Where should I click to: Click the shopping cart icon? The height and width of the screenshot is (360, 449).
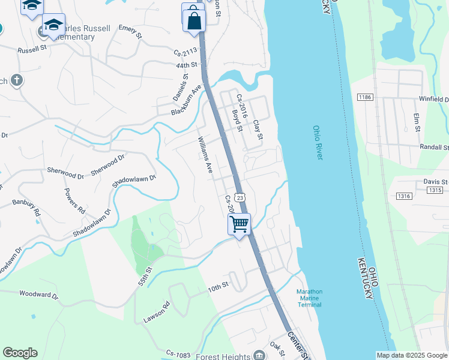coord(240,224)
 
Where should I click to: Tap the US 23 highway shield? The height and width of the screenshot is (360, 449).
coord(240,197)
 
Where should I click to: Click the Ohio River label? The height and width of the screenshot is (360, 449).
coord(318,143)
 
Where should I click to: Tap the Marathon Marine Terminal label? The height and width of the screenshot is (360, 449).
coord(310,298)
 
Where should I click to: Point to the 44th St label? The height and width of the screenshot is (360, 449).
coord(187,65)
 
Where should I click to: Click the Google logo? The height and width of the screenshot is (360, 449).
coord(20,353)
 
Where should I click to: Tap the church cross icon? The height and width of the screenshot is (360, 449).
coord(16,80)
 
